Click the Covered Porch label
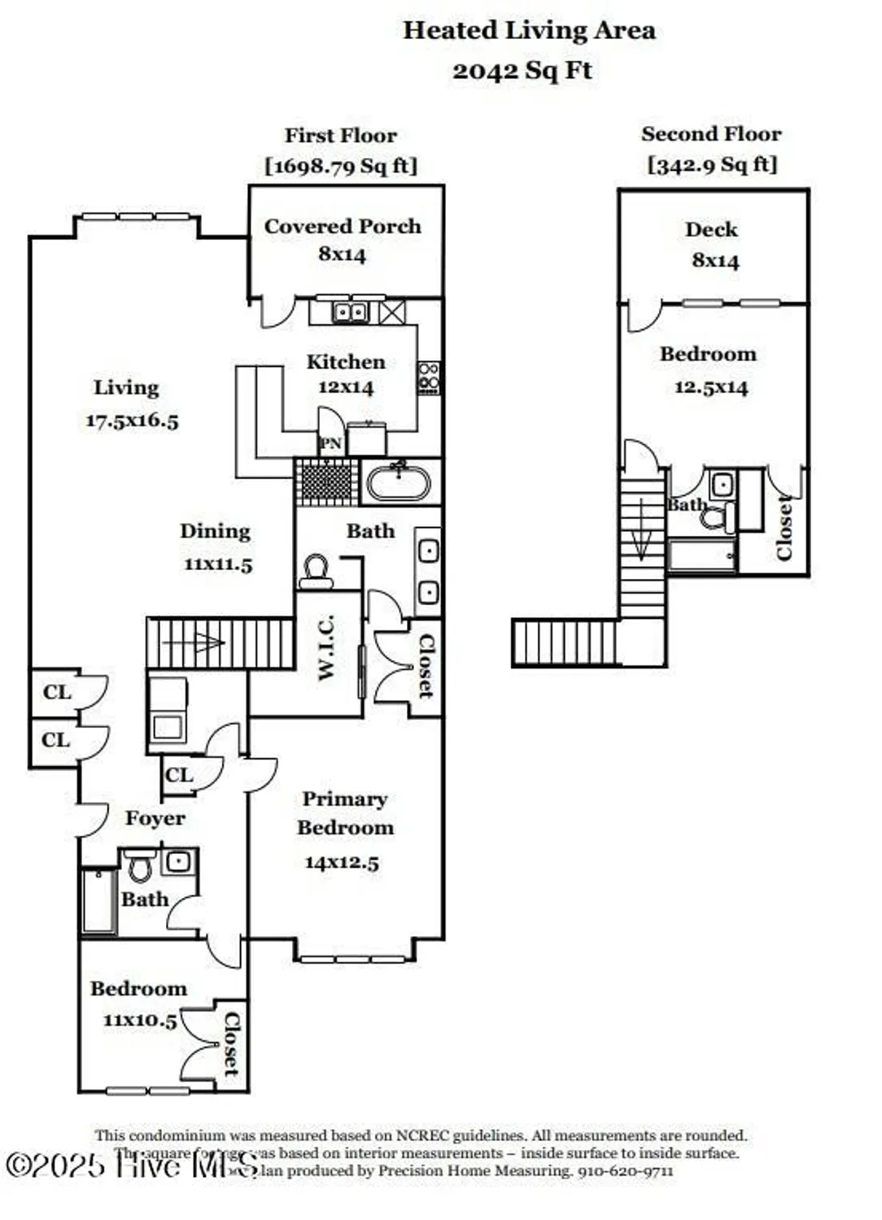(343, 226)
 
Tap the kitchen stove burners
(429, 378)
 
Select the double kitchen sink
(351, 312)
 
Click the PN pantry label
(331, 443)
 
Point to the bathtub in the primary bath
(399, 482)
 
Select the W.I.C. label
(326, 647)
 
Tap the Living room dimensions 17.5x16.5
(132, 420)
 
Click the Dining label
(215, 531)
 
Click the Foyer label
(155, 818)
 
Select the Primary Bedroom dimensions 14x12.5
(342, 862)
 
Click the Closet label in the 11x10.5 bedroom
(232, 1044)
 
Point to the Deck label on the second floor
(711, 229)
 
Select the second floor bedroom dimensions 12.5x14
(710, 387)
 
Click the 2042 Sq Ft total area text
(522, 71)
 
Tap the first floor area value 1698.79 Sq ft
(341, 166)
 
